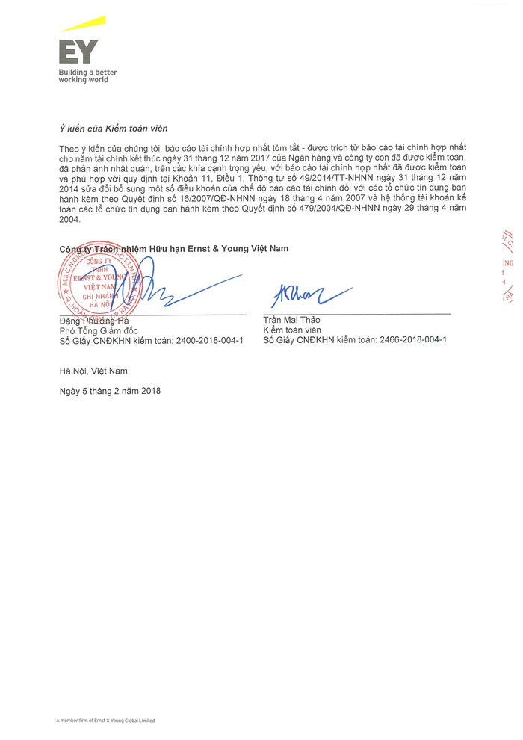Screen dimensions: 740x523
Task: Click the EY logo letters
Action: (78, 51)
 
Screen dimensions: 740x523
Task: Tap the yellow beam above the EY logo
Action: (83, 25)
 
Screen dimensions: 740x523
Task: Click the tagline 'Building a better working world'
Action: (87, 75)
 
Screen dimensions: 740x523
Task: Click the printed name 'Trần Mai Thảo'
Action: (291, 320)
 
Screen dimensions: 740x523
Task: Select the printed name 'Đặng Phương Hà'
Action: (94, 321)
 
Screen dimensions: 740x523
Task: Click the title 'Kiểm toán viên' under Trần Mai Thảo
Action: (292, 330)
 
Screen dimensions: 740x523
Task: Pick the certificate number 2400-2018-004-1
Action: (209, 340)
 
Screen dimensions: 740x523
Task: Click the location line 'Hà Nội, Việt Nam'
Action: (93, 371)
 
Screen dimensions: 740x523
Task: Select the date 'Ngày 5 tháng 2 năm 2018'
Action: (110, 391)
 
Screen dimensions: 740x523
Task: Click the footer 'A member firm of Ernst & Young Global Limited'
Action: (105, 721)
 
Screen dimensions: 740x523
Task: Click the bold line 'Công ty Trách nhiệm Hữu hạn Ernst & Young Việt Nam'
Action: (173, 248)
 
